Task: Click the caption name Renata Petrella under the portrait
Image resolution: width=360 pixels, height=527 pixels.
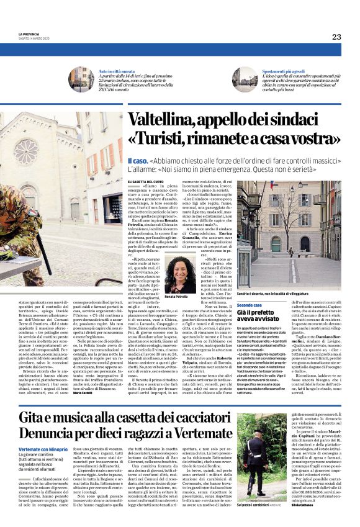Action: tap(177, 297)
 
